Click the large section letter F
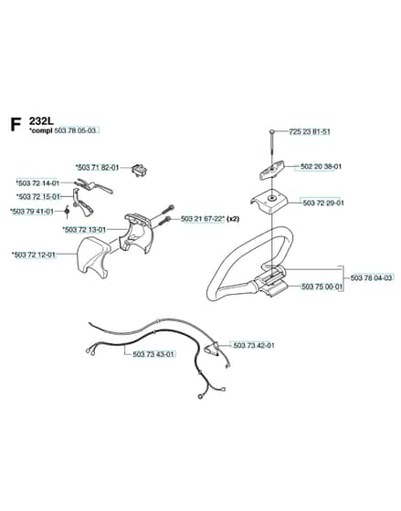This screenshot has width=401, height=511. tap(16, 125)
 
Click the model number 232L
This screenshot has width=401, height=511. tap(41, 121)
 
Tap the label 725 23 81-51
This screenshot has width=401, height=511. tap(310, 132)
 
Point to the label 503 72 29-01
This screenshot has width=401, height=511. tap(323, 203)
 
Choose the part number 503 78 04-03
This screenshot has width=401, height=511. tap(371, 278)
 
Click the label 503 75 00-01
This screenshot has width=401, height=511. tap(322, 287)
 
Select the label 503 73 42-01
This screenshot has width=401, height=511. tap(254, 345)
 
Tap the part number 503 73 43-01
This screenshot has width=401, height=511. tap(153, 354)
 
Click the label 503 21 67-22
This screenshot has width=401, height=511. tap(201, 219)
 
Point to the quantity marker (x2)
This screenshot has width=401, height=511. tap(233, 219)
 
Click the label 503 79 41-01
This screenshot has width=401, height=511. tap(33, 212)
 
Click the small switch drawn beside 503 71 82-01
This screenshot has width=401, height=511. tap(140, 170)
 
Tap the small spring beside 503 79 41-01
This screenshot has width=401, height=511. tap(67, 212)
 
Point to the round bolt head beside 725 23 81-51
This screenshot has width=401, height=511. tap(272, 131)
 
